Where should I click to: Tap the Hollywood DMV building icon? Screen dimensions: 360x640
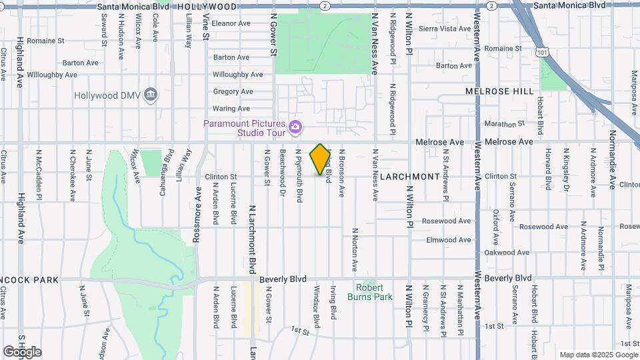point(151,95)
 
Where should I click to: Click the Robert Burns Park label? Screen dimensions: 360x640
point(369,291)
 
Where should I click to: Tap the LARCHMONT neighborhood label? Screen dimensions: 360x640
point(411,177)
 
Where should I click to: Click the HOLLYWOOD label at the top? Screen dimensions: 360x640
point(207,6)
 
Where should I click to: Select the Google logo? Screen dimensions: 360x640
point(22,352)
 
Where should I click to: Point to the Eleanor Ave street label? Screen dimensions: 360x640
point(231,23)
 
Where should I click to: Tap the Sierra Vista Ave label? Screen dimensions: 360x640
point(446,29)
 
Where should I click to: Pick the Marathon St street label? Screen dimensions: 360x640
point(501,124)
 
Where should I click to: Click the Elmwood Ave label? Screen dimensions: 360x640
point(449,240)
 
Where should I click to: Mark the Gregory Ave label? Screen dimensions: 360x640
point(233,91)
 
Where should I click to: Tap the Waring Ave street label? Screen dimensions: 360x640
point(231,109)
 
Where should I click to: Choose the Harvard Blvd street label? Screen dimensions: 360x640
point(548,171)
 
